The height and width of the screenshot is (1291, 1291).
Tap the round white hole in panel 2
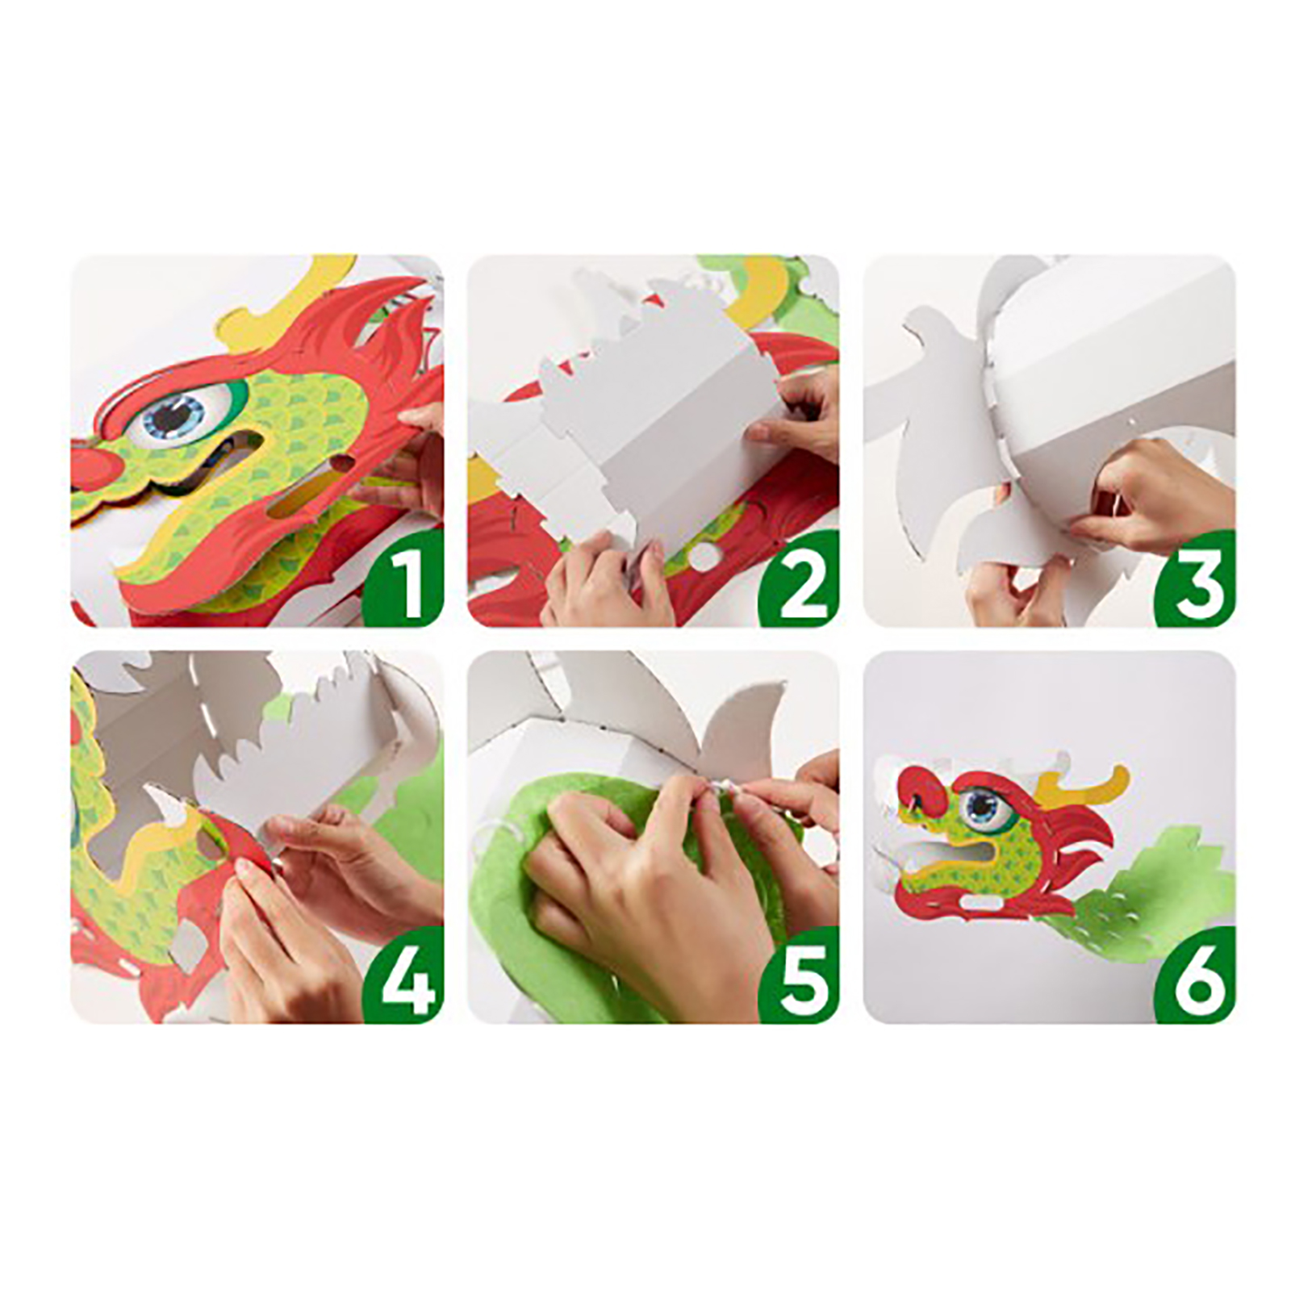[x=704, y=556]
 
